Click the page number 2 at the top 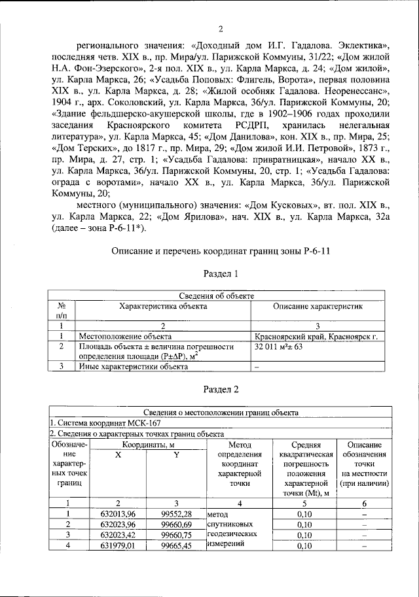(x=221, y=28)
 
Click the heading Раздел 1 (x=221, y=273)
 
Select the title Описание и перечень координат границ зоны (x=221, y=250)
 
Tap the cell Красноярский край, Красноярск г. (x=317, y=336)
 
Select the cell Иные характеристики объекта (x=128, y=366)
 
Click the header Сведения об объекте (x=221, y=296)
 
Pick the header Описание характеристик (x=317, y=306)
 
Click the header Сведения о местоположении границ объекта (x=221, y=412)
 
